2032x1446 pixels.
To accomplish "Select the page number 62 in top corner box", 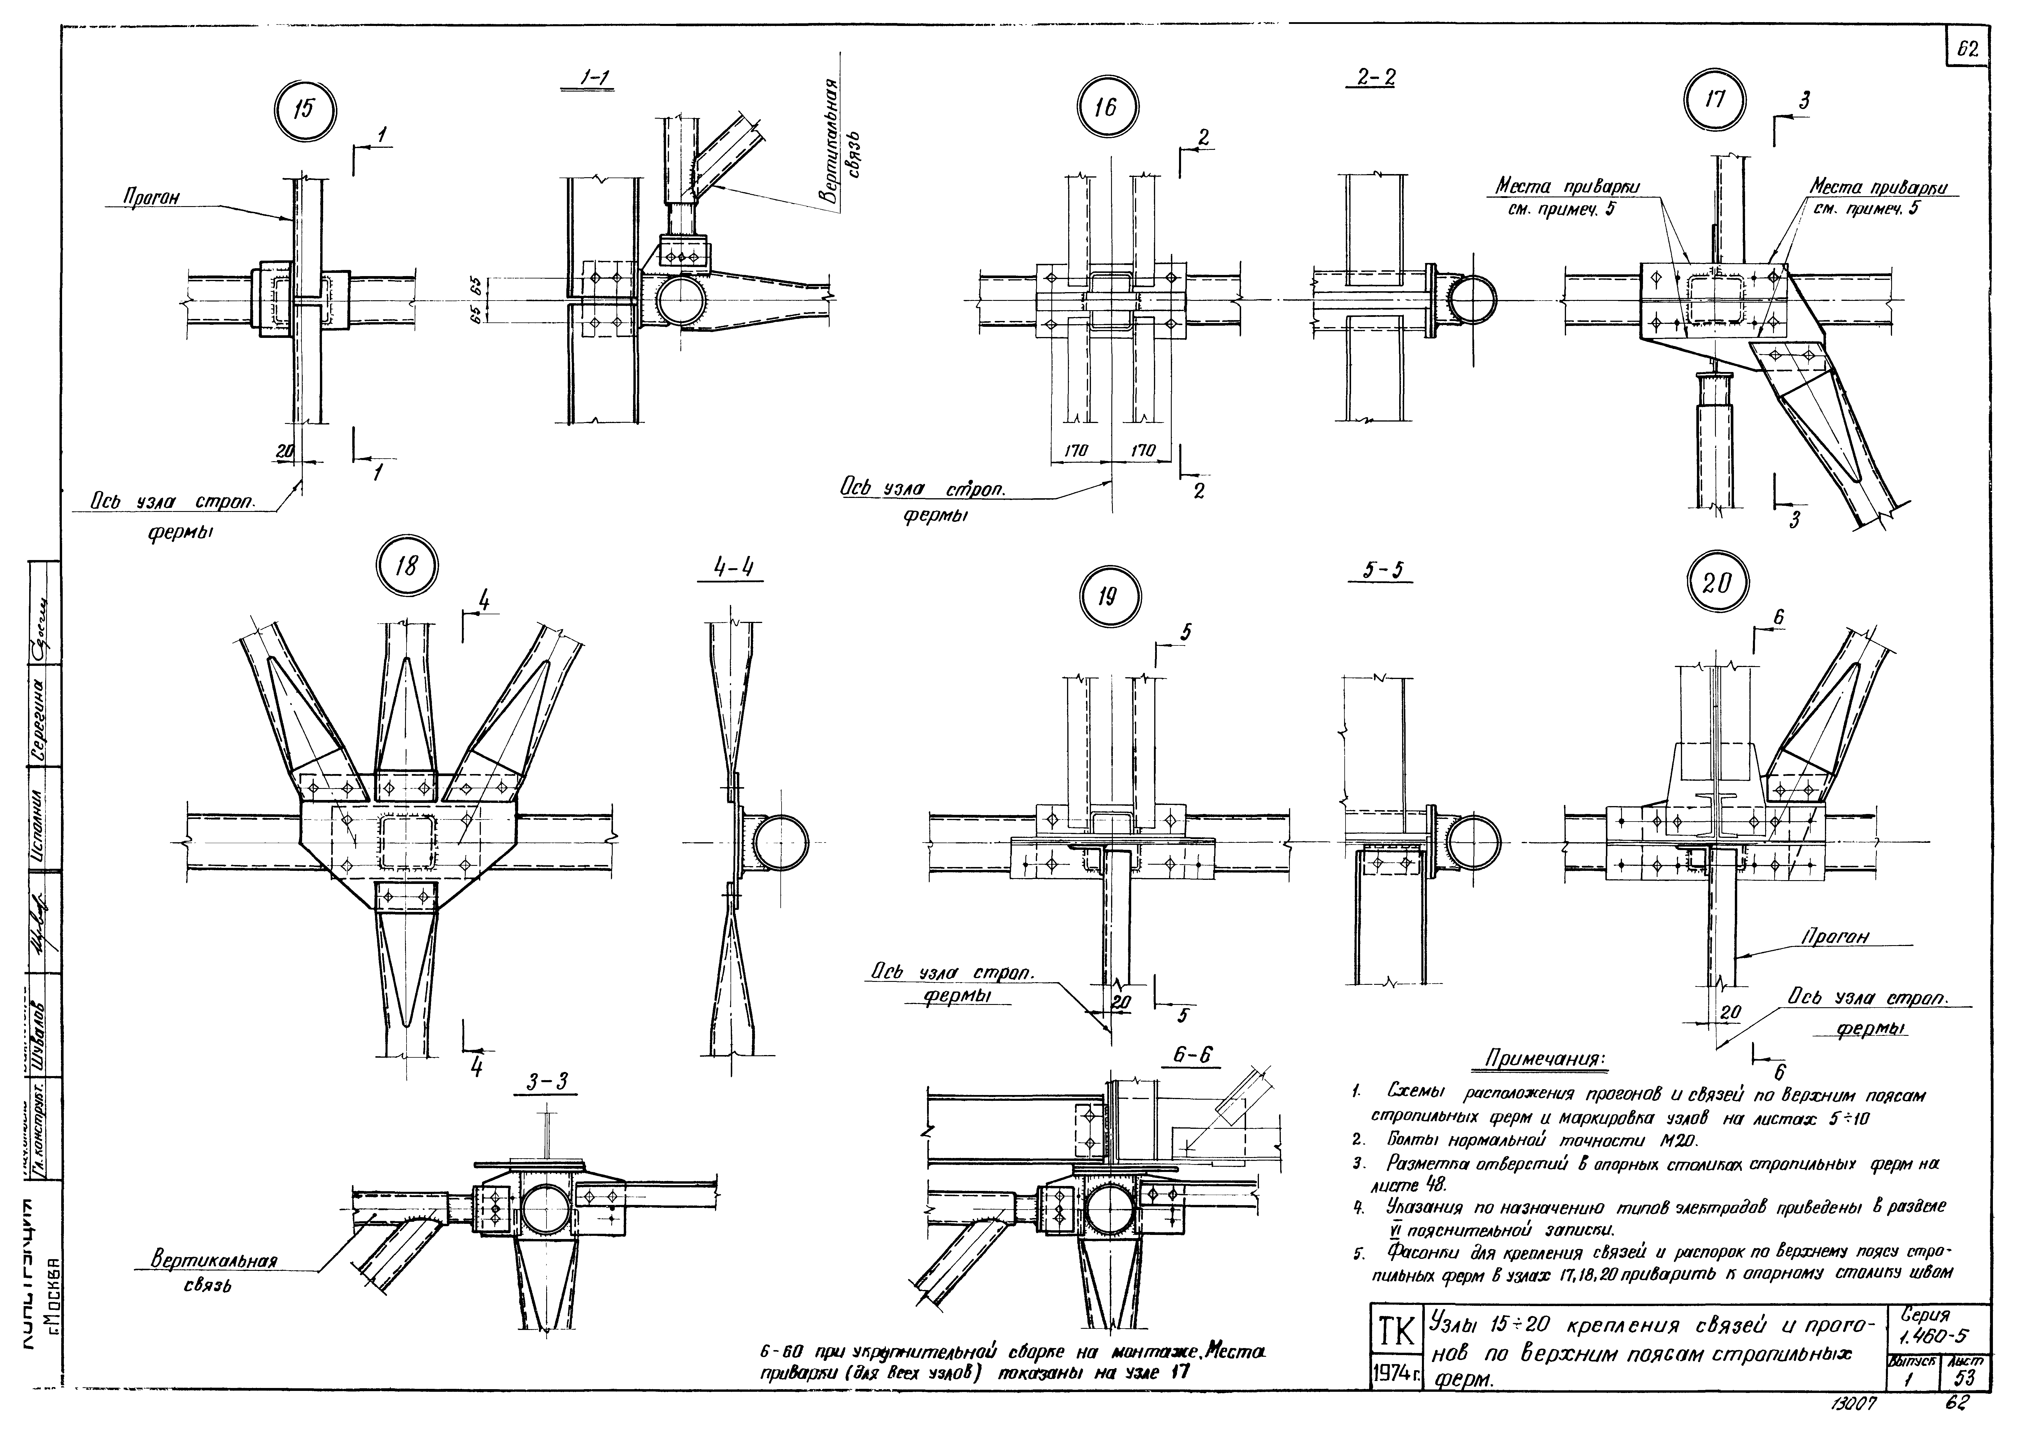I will (1966, 52).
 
